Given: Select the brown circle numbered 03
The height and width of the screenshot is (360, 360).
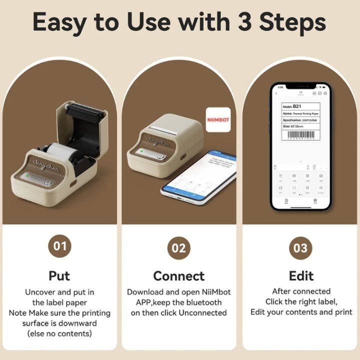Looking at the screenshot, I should tap(301, 248).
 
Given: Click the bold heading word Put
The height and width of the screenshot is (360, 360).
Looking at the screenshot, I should tap(59, 275).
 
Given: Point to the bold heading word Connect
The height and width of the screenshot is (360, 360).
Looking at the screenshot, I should tap(178, 276).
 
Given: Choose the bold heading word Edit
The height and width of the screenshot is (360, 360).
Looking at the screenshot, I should tap(301, 275).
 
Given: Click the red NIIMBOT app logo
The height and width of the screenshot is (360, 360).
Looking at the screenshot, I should tap(218, 120).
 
